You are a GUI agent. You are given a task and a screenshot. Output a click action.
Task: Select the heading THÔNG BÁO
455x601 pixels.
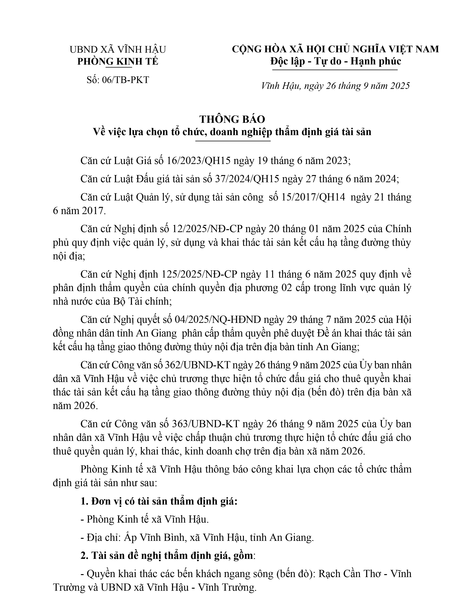click(232, 119)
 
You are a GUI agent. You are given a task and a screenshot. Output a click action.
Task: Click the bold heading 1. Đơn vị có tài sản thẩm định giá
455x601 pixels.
click(159, 501)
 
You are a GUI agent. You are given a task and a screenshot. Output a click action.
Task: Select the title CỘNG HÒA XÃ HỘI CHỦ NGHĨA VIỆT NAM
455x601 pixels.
click(336, 49)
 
